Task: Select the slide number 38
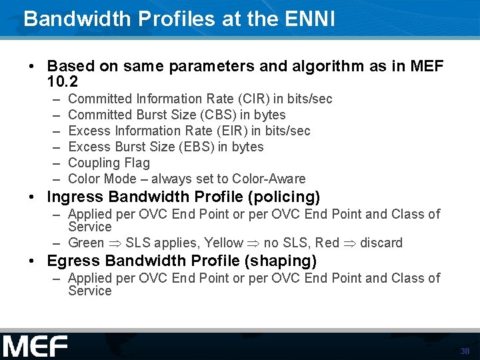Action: [x=465, y=351]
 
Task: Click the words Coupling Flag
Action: [x=109, y=163]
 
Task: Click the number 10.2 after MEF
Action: [x=63, y=83]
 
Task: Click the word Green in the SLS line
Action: [x=86, y=243]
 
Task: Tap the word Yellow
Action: [x=224, y=243]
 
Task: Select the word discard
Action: [x=381, y=243]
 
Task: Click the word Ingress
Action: [x=75, y=197]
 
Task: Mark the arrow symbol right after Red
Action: [x=350, y=243]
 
